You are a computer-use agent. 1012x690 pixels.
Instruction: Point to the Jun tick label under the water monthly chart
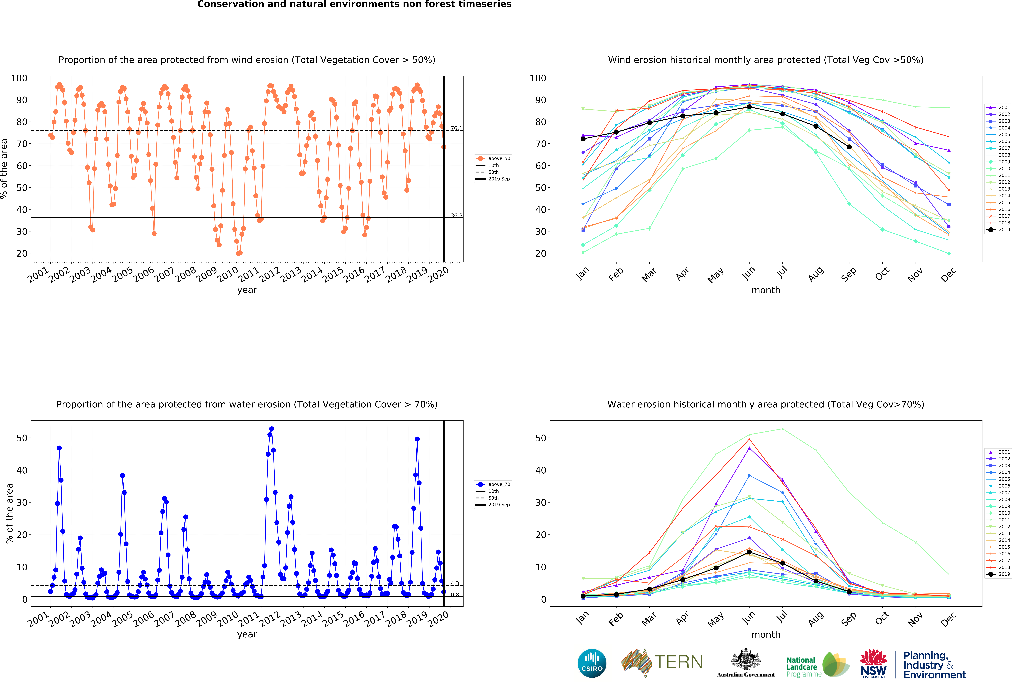click(749, 618)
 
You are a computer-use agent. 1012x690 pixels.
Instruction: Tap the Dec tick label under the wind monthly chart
click(948, 274)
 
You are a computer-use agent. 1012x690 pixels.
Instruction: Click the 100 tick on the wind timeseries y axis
click(19, 78)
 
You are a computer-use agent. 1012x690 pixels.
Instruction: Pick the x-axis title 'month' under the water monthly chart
click(766, 635)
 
